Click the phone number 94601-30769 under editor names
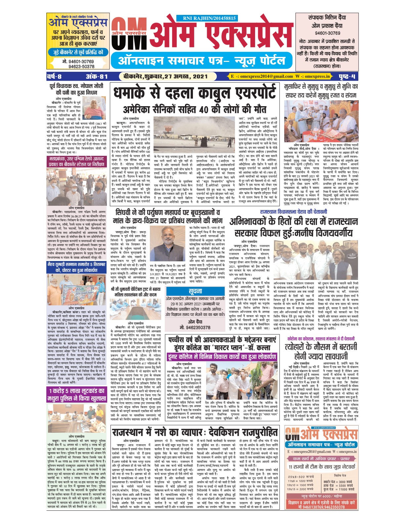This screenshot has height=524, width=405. (327, 33)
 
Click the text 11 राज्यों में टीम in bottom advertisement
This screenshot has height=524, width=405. (321, 467)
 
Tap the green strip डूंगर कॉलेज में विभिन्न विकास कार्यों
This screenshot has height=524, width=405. (222, 357)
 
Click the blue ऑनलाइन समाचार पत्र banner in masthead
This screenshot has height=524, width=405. (202, 61)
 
